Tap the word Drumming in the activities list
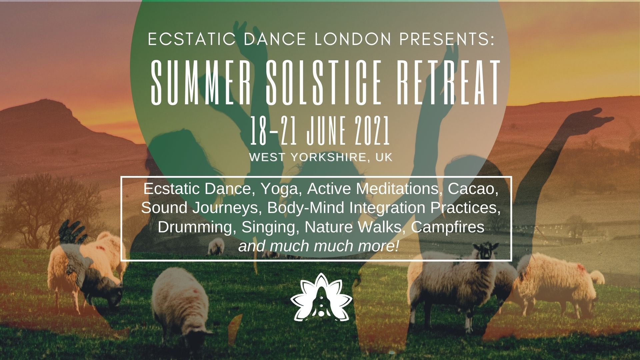pyautogui.click(x=197, y=227)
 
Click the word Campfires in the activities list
pyautogui.click(x=448, y=227)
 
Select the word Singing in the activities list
pyautogui.click(x=270, y=227)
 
